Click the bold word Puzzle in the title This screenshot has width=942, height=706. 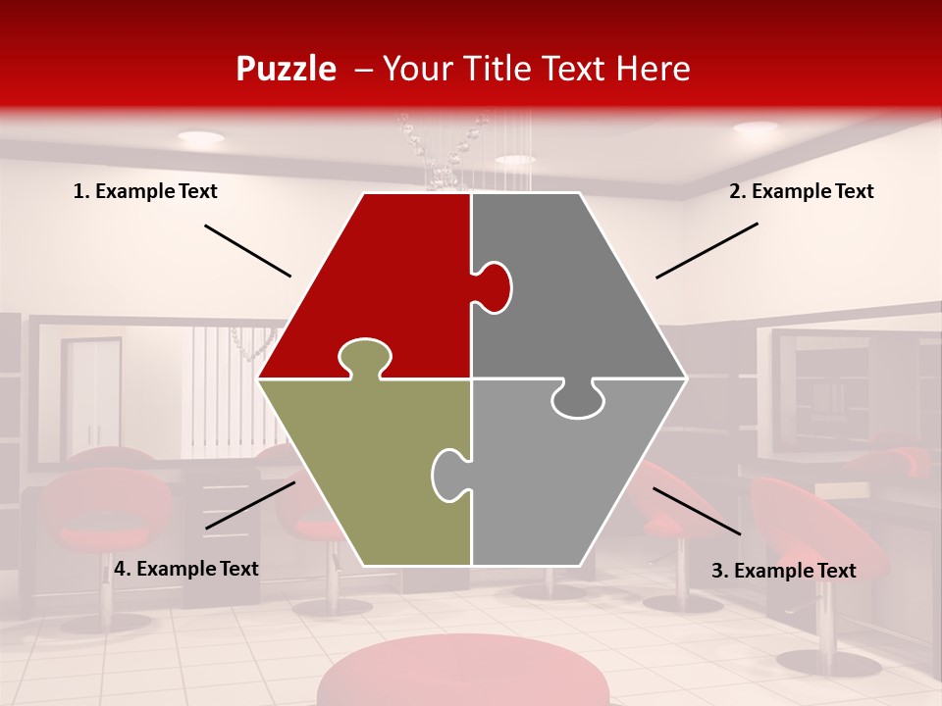pos(286,69)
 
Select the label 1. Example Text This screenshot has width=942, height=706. pos(145,191)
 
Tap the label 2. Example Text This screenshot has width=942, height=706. pos(801,191)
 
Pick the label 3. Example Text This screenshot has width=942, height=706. pos(783,571)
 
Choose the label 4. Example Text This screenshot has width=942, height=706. pos(185,569)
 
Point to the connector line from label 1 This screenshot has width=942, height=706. pos(247,251)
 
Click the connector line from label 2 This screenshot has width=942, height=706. pos(706,250)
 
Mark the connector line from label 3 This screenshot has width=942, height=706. pos(697,511)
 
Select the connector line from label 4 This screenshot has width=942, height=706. pos(250,505)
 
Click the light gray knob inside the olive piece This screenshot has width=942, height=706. pos(450,475)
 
